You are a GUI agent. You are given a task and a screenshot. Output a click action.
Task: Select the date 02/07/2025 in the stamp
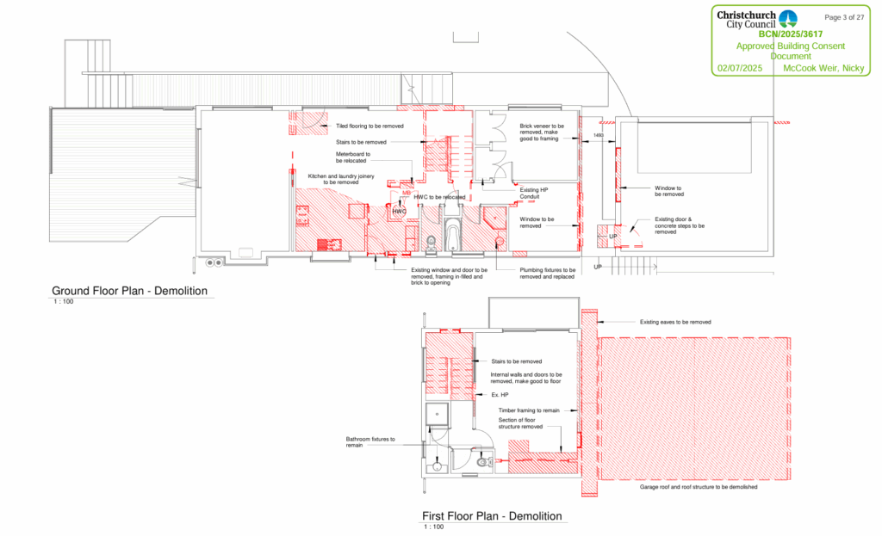point(740,67)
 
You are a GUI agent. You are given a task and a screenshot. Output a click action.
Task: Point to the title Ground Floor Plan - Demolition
point(130,291)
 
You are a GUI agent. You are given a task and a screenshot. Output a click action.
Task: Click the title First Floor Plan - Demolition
point(492,516)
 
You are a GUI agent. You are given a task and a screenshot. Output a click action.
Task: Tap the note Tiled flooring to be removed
point(370,126)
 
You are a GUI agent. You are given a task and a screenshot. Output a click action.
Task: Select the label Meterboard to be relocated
point(353,157)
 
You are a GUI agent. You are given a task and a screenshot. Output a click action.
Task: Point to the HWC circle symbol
point(400,211)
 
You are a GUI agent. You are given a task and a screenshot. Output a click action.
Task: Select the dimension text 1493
point(599,135)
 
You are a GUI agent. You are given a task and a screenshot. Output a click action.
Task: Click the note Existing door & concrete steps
point(679,225)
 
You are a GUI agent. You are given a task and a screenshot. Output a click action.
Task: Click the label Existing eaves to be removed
point(675,322)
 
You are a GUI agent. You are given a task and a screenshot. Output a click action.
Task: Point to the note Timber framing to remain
point(530,410)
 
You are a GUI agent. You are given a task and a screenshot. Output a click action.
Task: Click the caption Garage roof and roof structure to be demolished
point(699,487)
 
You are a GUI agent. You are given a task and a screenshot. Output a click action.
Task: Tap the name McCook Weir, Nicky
point(823,67)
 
